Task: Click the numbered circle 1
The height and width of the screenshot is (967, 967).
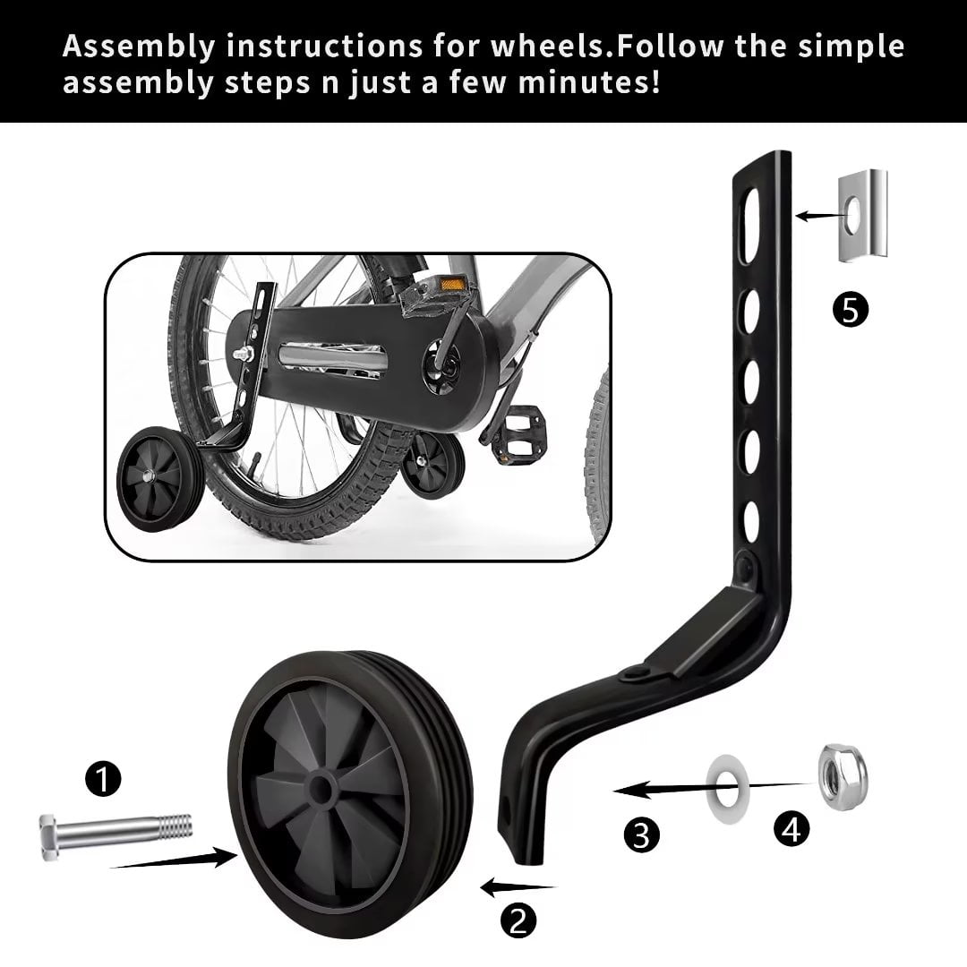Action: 103,778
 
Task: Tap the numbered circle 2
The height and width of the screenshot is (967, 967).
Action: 518,920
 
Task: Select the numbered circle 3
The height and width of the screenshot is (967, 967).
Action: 641,835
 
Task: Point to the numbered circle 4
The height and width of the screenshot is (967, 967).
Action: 792,829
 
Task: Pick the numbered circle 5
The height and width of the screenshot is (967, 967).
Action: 851,310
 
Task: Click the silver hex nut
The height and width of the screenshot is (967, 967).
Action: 842,776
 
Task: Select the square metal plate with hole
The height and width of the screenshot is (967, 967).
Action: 863,215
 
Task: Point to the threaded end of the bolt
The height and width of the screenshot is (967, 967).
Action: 175,827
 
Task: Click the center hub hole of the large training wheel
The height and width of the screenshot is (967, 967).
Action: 319,789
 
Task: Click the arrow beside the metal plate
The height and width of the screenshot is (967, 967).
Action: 819,216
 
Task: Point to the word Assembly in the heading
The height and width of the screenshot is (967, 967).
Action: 139,47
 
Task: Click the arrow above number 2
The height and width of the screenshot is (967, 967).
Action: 518,888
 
